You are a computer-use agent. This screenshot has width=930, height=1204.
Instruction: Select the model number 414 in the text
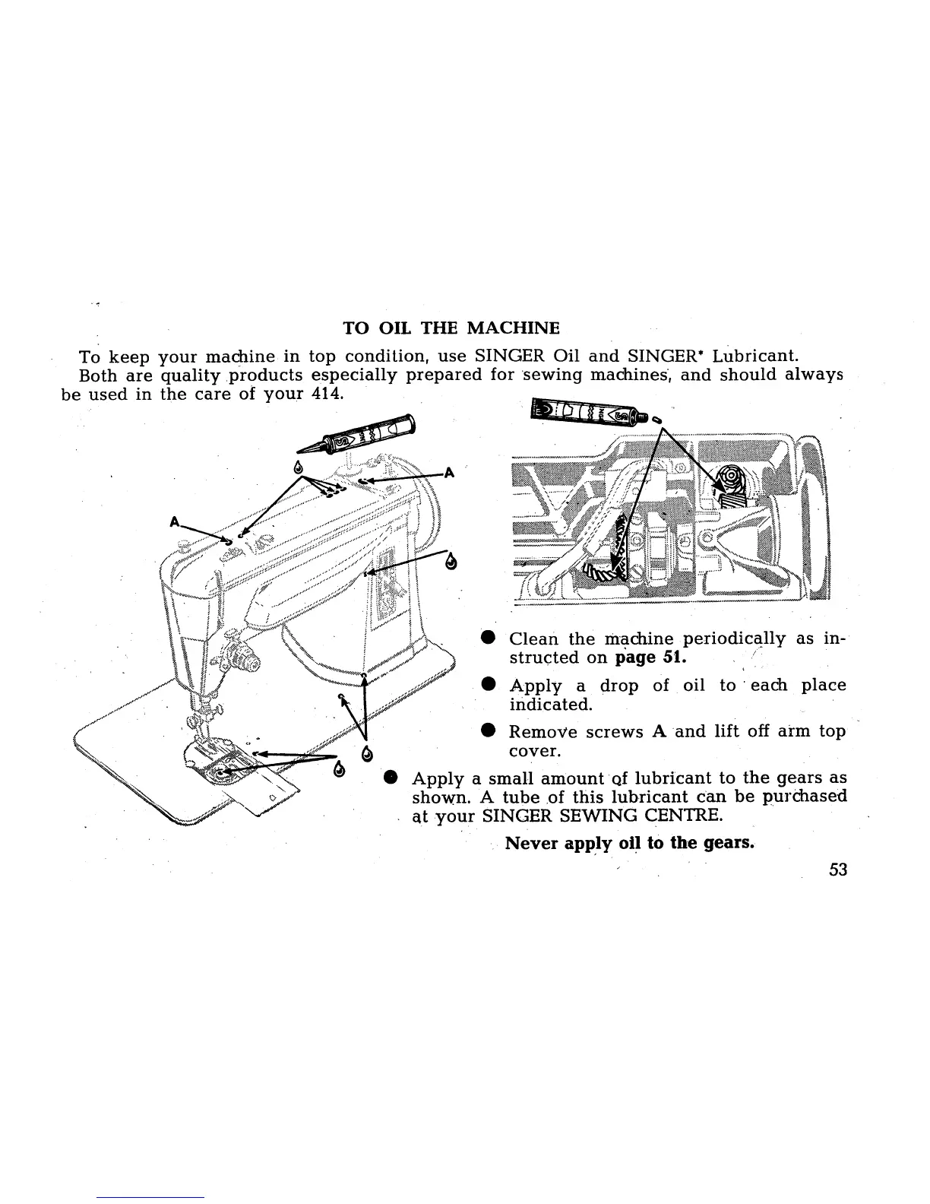(329, 394)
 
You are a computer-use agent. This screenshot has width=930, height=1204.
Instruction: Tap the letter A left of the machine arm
(175, 523)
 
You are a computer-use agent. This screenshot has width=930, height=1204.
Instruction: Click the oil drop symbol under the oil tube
(299, 466)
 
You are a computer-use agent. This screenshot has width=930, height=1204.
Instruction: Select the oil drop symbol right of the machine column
(453, 563)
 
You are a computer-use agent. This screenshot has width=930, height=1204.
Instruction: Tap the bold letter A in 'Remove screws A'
(657, 732)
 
